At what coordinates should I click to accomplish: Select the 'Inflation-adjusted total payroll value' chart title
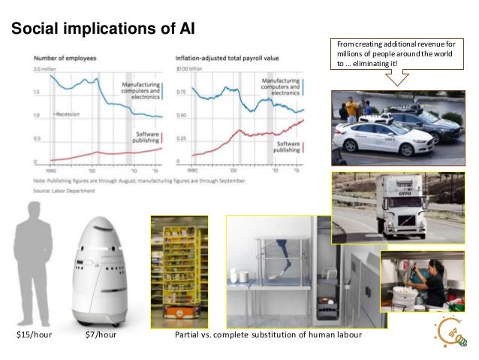click(x=224, y=58)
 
